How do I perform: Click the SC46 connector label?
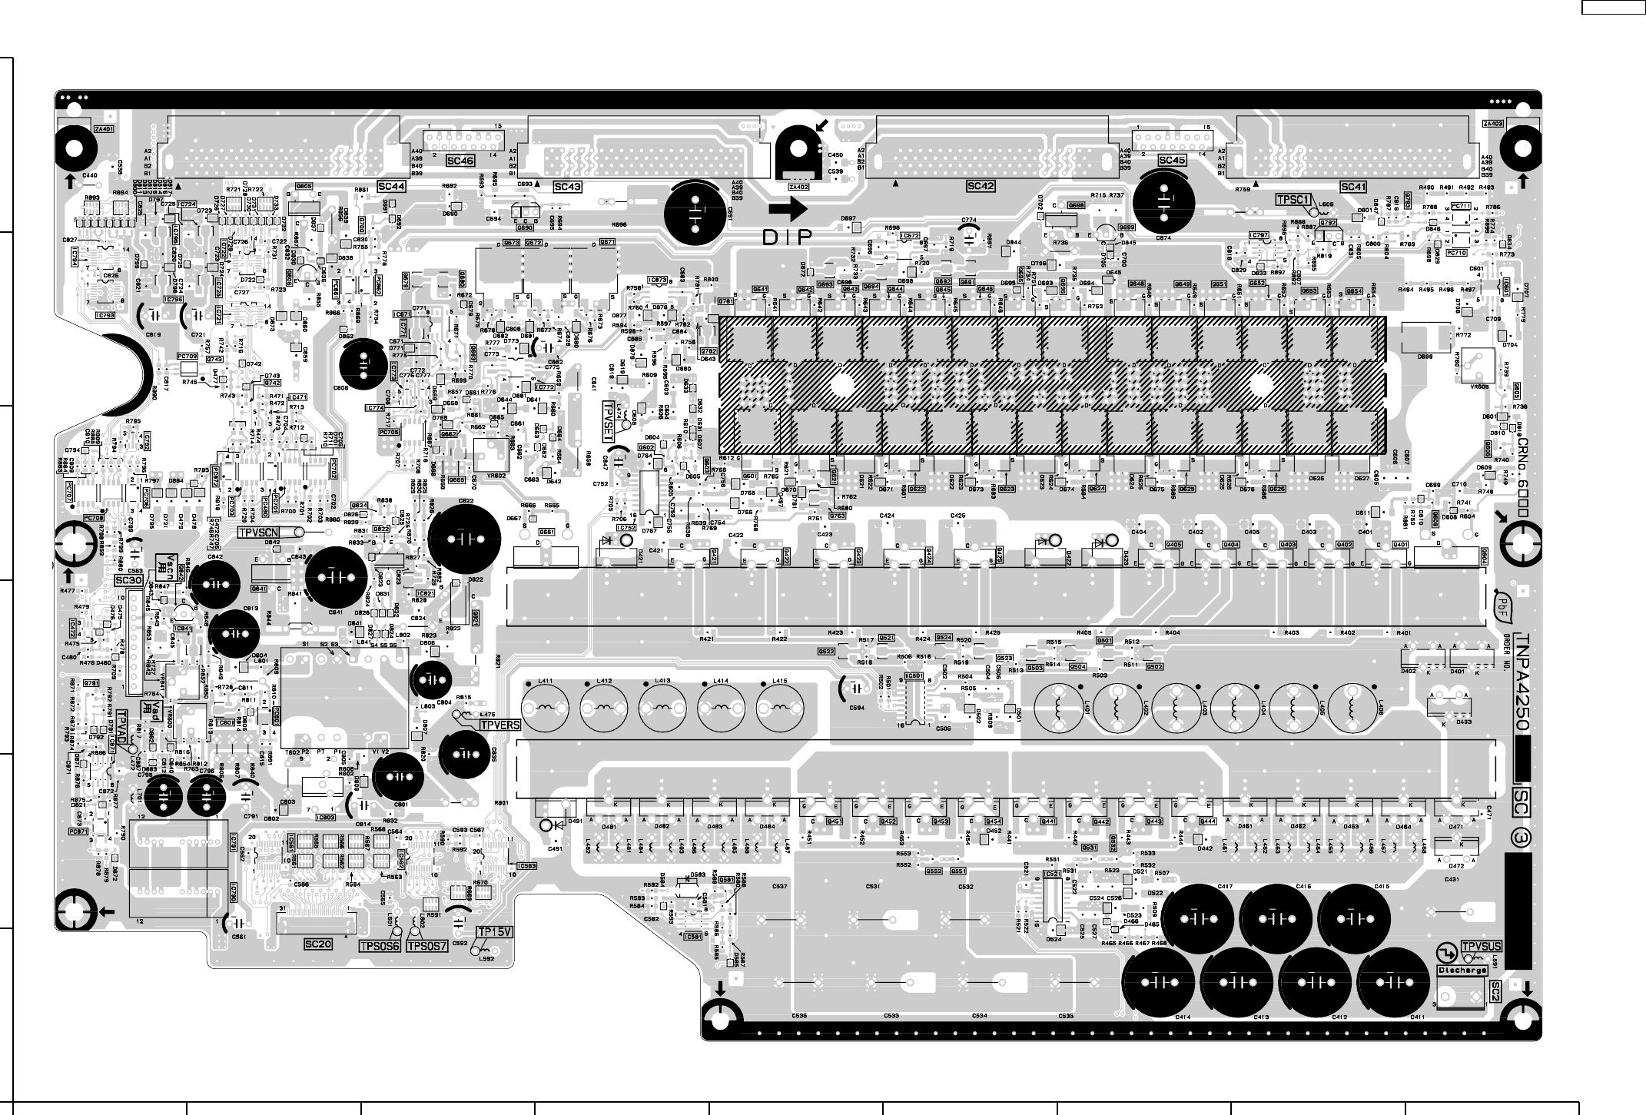460,161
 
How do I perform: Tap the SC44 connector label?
391,187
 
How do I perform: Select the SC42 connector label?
981,186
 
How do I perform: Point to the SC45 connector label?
1172,161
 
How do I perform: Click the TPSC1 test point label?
1293,200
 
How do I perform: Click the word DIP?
787,238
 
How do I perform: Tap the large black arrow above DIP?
787,208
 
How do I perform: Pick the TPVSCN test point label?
260,532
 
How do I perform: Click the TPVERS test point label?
500,725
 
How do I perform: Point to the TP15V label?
494,932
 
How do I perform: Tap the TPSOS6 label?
379,946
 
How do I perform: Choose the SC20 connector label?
318,944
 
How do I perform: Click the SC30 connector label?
130,579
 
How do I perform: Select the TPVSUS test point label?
1482,946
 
